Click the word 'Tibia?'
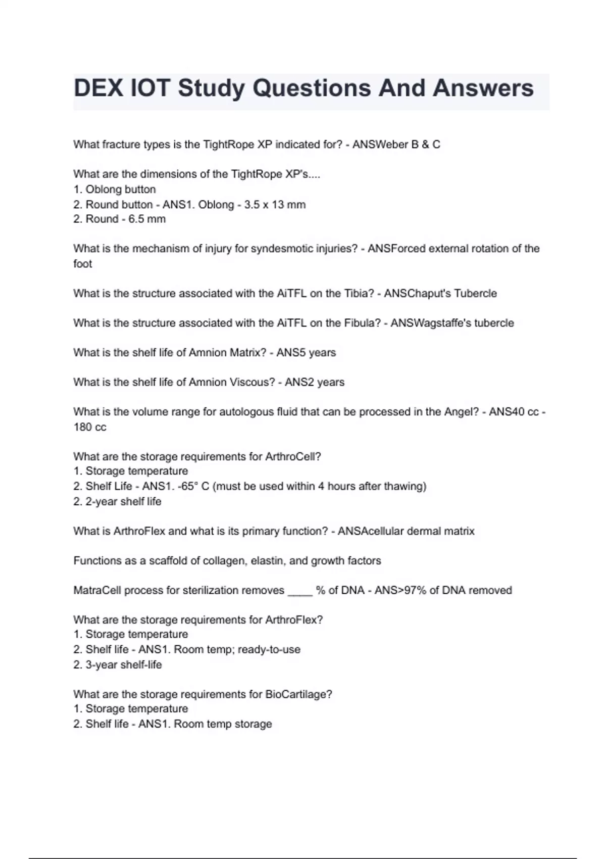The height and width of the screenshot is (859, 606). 359,294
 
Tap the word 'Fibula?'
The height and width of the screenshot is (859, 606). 363,323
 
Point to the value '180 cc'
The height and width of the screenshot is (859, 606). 90,427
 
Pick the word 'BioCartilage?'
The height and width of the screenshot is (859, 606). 298,695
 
